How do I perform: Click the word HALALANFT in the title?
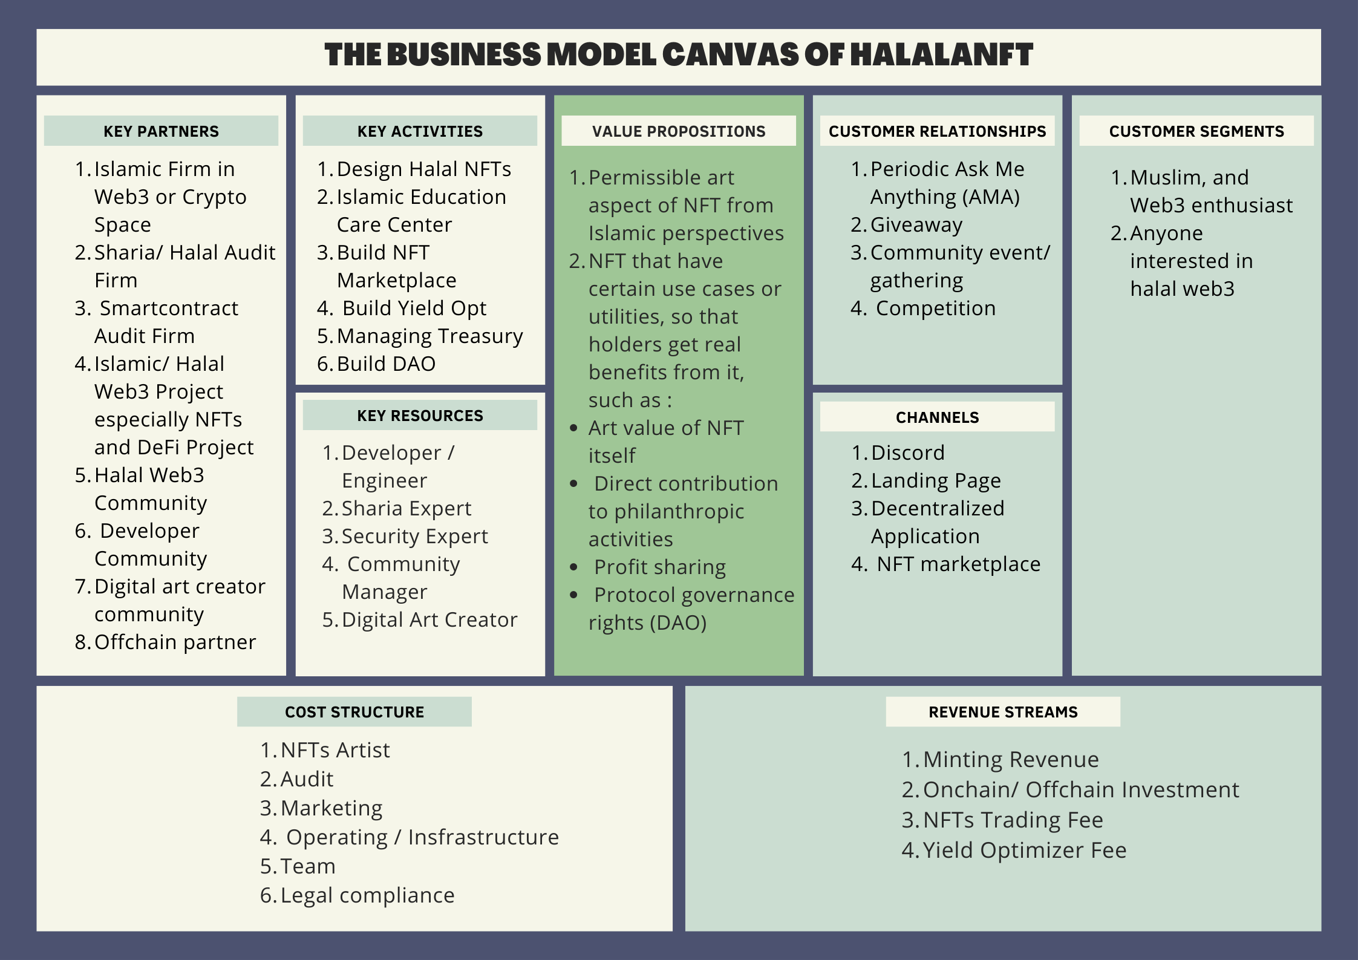(x=941, y=55)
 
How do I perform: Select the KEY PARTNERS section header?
(x=161, y=131)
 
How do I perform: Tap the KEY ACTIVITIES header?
(x=420, y=131)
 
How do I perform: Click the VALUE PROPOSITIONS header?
(x=679, y=131)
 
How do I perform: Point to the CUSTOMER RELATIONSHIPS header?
(x=937, y=131)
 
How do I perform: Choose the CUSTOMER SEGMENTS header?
(x=1196, y=131)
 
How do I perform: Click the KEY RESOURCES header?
(x=420, y=416)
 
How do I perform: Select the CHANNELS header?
(x=937, y=417)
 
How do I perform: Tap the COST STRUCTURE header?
(x=354, y=712)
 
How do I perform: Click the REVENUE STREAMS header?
(x=1003, y=712)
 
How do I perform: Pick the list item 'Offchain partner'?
(x=175, y=642)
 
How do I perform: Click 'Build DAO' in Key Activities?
(x=386, y=364)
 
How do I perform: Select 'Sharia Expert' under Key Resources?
(x=406, y=508)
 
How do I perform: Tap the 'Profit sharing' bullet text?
(x=659, y=567)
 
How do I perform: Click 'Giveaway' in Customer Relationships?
(x=916, y=224)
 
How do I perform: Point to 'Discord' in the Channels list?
(x=907, y=452)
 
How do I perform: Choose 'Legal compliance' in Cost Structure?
(x=367, y=895)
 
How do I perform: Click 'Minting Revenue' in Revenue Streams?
(x=1010, y=759)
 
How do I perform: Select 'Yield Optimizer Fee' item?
(x=1024, y=850)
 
